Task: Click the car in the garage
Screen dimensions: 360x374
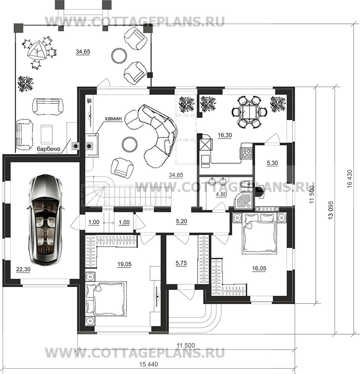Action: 45,219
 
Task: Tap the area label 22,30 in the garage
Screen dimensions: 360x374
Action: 23,270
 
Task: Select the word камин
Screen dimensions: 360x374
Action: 114,118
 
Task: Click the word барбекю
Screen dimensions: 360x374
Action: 49,149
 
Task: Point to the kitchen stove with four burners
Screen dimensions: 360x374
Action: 246,153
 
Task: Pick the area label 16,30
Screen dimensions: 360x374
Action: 225,135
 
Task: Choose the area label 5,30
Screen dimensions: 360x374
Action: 272,163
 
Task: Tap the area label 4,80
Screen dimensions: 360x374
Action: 221,194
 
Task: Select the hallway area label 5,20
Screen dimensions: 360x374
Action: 182,221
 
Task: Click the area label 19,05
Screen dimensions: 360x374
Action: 124,264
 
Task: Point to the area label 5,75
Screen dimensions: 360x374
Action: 181,263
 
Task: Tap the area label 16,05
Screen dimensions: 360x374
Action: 259,268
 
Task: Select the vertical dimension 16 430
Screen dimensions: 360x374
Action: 350,179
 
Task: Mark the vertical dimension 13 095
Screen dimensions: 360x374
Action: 331,210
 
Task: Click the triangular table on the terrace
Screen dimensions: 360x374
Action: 36,51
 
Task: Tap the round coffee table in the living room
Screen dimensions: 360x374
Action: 130,144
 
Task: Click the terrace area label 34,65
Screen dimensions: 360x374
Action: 83,52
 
